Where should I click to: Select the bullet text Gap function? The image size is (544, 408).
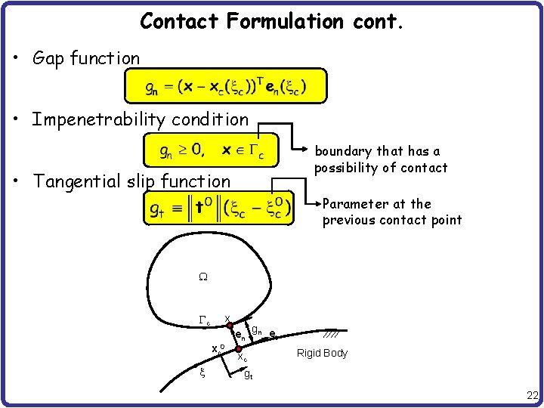[86, 58]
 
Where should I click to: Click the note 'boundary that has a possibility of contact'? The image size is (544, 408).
[381, 159]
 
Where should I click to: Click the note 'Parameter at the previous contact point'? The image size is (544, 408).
[391, 212]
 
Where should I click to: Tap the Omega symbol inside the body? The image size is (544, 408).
[202, 277]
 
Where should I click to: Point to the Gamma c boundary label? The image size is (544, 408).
[204, 320]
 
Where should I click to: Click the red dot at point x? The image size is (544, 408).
[228, 326]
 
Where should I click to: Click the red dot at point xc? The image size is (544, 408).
[237, 350]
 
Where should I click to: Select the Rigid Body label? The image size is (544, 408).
[322, 353]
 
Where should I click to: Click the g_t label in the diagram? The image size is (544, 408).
[248, 373]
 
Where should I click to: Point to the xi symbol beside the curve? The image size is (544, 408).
[202, 372]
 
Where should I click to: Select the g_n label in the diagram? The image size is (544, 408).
[256, 330]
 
